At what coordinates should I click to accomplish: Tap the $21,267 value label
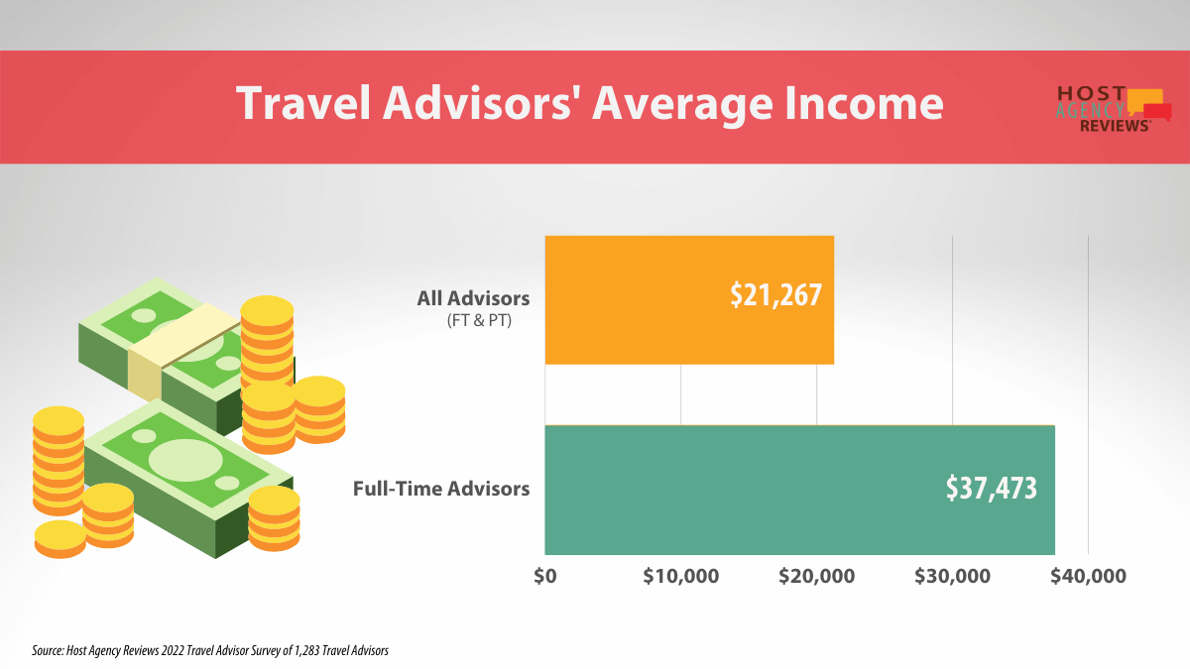(775, 295)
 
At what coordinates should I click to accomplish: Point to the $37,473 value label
(991, 488)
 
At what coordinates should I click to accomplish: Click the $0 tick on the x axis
(544, 576)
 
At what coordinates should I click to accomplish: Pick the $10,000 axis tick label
(680, 576)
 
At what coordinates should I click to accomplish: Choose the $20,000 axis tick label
(816, 576)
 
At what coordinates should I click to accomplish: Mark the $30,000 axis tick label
(952, 576)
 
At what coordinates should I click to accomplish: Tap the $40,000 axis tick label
(1088, 576)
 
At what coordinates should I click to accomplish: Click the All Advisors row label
(474, 298)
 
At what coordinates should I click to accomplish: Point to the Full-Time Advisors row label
(441, 489)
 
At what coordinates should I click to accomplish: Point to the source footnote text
(209, 651)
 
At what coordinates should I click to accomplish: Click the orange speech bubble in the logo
(1143, 97)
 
